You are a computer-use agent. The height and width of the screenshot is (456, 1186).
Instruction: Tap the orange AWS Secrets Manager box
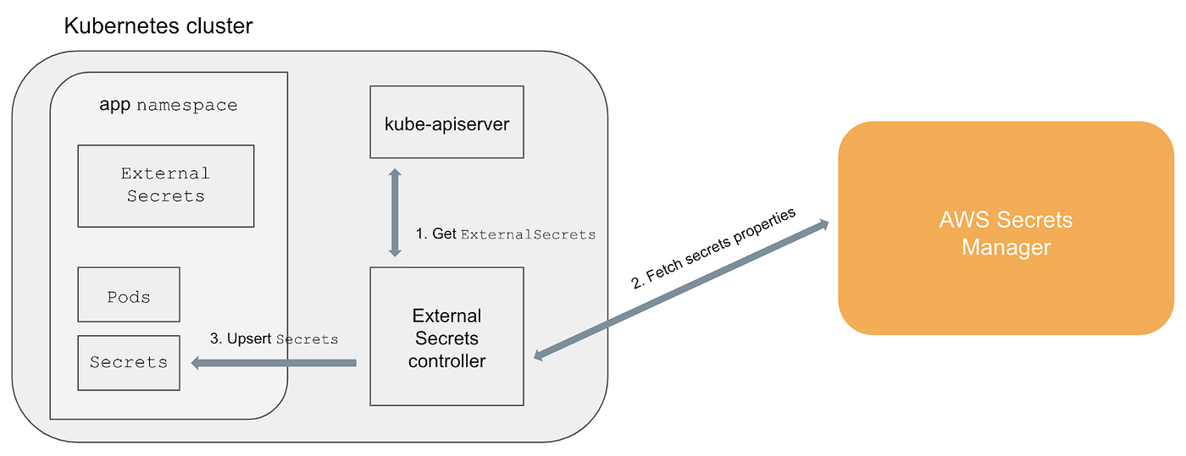click(1006, 228)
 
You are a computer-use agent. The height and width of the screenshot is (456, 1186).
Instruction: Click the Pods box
click(129, 294)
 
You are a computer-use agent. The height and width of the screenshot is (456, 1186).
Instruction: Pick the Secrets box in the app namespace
click(129, 363)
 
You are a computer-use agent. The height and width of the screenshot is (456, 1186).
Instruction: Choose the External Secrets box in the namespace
click(165, 185)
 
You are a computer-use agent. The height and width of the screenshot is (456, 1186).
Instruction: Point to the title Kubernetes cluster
click(158, 26)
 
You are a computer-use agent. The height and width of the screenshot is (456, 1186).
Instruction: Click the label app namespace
click(168, 106)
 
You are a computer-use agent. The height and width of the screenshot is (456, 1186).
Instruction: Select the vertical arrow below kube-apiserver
click(394, 212)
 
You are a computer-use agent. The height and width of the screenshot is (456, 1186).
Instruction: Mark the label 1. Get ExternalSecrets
click(505, 234)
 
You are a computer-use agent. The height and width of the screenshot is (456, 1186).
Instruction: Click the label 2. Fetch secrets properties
click(713, 248)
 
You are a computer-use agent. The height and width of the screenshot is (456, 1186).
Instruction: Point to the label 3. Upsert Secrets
click(274, 339)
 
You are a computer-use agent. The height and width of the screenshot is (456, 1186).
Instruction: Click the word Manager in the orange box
click(1006, 248)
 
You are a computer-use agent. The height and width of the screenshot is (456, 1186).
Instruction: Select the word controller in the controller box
click(446, 361)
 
